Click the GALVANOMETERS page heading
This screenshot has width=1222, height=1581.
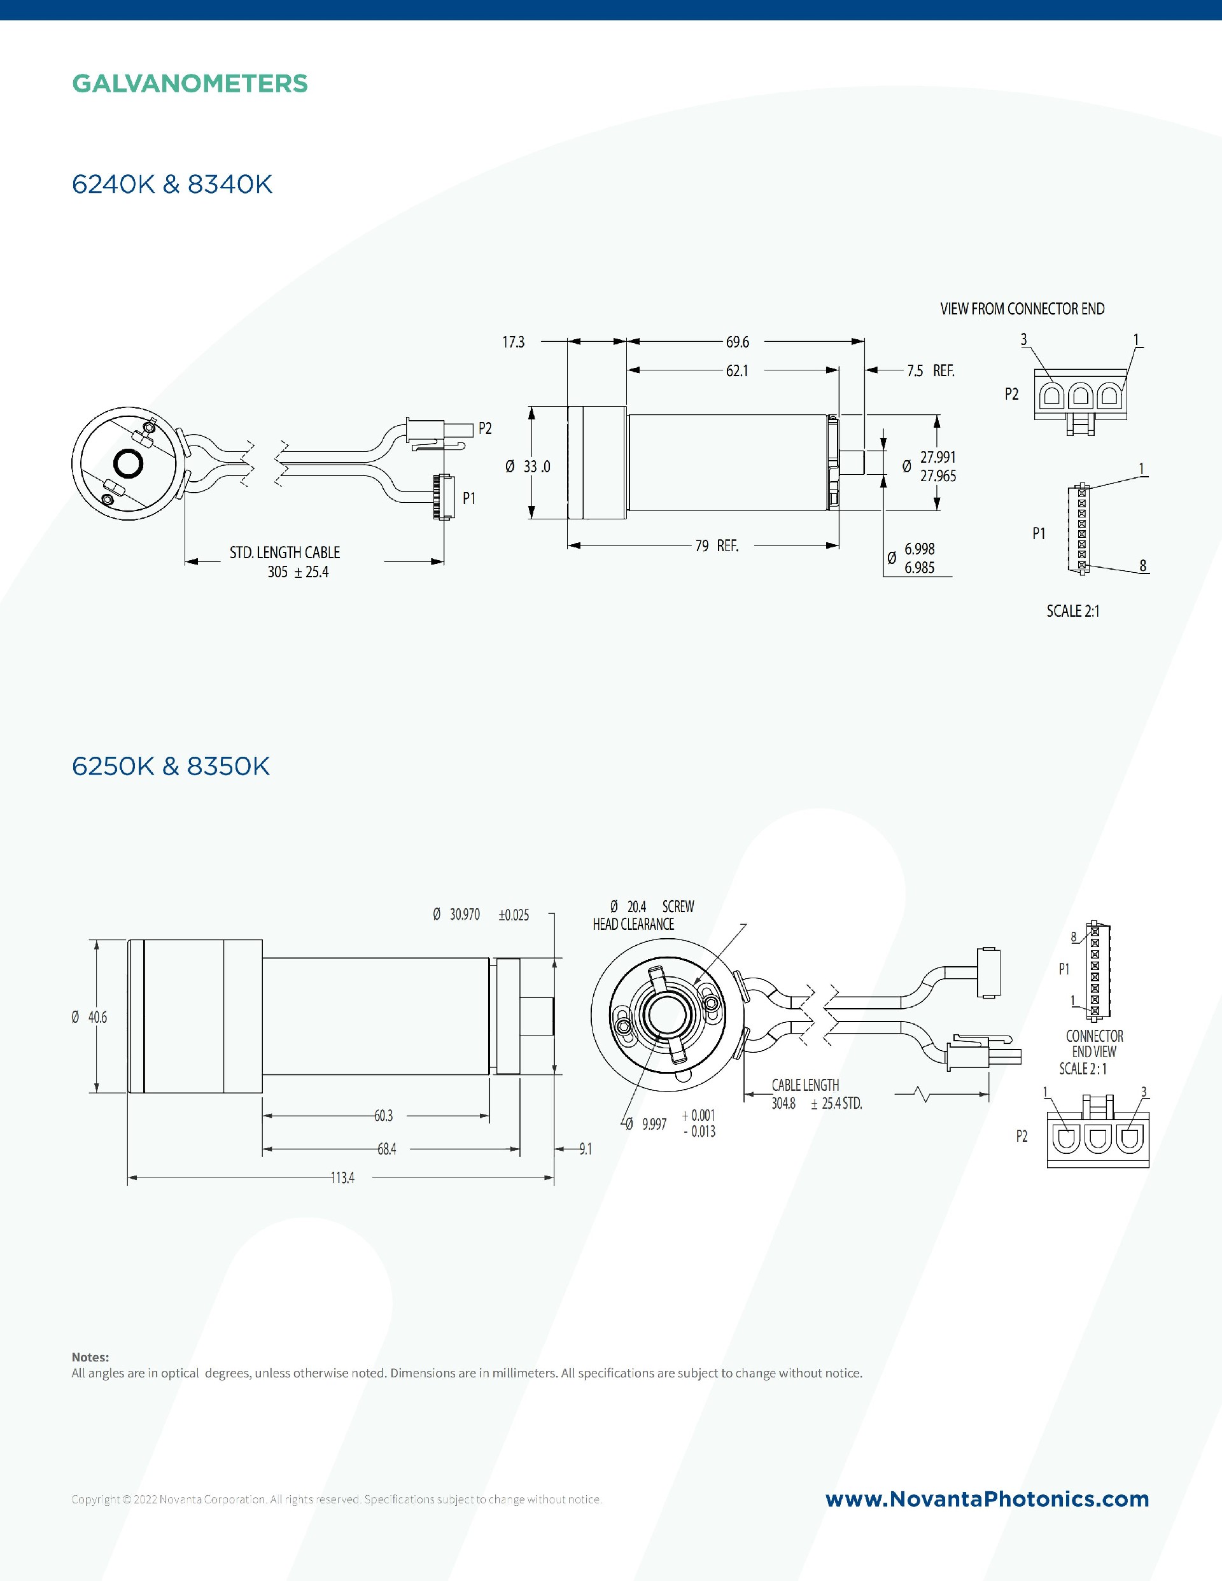[x=190, y=83]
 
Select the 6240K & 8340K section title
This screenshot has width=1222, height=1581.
[x=172, y=185]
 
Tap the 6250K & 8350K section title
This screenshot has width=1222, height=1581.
[x=171, y=766]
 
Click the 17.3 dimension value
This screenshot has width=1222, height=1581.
[x=513, y=342]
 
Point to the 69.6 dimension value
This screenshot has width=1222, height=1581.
[x=738, y=342]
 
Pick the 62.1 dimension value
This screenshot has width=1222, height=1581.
[x=737, y=370]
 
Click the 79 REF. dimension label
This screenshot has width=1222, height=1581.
[x=717, y=546]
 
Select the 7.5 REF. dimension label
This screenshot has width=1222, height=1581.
[x=931, y=370]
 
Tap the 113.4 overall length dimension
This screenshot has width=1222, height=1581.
[x=343, y=1177]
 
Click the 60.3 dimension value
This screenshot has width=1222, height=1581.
[x=384, y=1116]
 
